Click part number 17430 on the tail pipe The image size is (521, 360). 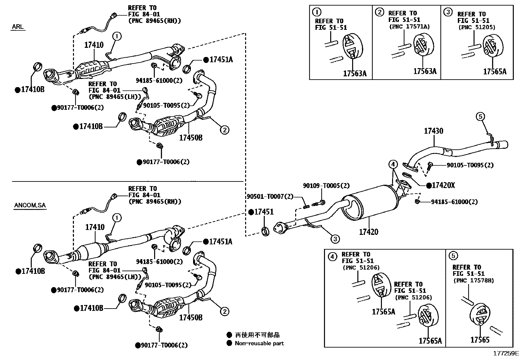click(x=433, y=131)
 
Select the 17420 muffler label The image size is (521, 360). click(x=368, y=232)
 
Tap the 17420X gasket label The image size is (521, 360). click(x=443, y=185)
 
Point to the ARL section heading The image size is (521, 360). click(x=18, y=26)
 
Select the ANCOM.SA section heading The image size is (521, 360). click(x=30, y=205)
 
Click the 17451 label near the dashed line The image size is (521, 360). click(x=264, y=212)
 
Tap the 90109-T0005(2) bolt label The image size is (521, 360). click(x=326, y=186)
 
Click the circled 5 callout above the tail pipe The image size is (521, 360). click(x=480, y=116)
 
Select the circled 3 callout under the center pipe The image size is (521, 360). click(x=335, y=239)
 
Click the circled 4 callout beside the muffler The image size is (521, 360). click(x=393, y=164)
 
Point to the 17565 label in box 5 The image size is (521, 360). click(x=480, y=340)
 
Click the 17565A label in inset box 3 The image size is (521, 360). click(x=494, y=71)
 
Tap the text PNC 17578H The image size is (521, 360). click(x=474, y=281)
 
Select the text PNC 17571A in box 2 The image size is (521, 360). click(x=409, y=27)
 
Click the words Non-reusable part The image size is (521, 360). click(x=259, y=343)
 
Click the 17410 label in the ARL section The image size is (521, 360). click(x=94, y=45)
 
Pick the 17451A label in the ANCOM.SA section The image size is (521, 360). click(x=221, y=242)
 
